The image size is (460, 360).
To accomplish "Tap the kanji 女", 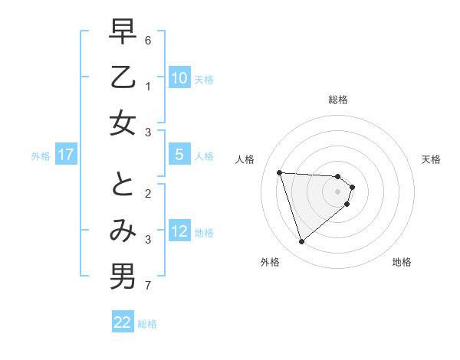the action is click(x=123, y=123).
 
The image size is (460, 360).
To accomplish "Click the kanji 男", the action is click(x=123, y=276).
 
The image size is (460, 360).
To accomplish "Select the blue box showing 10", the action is click(x=179, y=77).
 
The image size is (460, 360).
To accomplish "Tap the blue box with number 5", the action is click(x=179, y=154).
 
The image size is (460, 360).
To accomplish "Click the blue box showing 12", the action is click(x=179, y=231).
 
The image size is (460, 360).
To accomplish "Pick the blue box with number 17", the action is click(x=66, y=155).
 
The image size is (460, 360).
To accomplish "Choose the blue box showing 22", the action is click(x=123, y=322).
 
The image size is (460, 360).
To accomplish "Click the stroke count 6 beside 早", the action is click(x=148, y=40).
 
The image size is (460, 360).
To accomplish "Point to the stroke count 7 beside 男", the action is click(x=148, y=286).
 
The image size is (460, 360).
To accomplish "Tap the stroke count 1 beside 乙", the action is click(x=148, y=87).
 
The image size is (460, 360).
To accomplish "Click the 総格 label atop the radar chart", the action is click(x=338, y=100).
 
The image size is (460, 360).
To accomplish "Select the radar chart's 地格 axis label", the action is click(x=402, y=262).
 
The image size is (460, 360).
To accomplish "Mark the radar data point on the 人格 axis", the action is click(x=280, y=172).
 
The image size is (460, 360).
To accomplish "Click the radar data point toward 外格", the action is click(x=301, y=242).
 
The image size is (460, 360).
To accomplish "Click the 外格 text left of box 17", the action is click(x=41, y=155).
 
